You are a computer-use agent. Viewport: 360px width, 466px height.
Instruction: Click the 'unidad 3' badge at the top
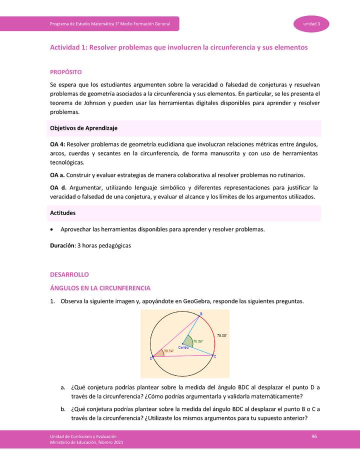311,24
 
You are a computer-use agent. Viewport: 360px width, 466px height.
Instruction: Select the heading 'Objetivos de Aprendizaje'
83,128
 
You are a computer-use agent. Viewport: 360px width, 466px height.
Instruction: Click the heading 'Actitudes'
63,213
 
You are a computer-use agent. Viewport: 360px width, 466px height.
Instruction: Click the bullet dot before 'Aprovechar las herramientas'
52,229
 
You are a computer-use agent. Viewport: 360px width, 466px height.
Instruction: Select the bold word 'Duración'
61,246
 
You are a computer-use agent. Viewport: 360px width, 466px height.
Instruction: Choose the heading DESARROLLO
69,275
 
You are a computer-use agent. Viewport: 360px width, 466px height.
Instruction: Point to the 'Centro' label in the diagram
183,347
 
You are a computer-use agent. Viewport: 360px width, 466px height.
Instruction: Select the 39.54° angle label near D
169,351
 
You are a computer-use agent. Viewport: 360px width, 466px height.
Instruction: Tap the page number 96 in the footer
314,436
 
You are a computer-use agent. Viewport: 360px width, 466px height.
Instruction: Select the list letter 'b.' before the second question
63,409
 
